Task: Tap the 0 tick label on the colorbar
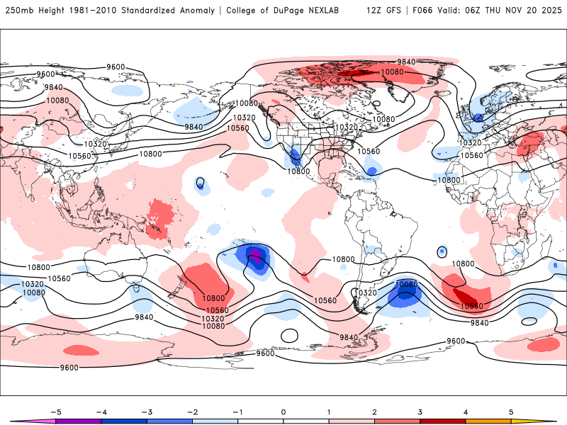(283, 411)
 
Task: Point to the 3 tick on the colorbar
(420, 411)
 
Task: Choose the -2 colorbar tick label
(192, 411)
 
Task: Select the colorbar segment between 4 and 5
(488, 421)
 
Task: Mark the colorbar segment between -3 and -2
(169, 421)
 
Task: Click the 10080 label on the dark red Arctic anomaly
(392, 72)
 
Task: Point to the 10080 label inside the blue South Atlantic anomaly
(407, 285)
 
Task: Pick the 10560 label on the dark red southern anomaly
(471, 306)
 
